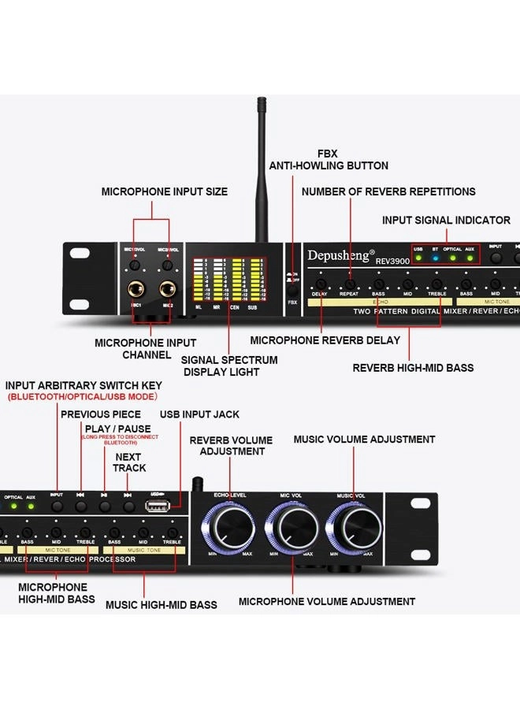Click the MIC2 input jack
[x=167, y=289]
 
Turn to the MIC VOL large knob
[x=292, y=525]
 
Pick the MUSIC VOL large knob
[x=351, y=525]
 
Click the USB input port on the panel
[x=156, y=505]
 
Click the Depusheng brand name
[x=341, y=255]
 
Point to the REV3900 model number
[x=392, y=261]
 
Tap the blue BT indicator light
[x=435, y=258]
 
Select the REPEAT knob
[x=350, y=284]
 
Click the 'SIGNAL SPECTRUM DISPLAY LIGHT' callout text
[x=231, y=366]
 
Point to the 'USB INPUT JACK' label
[x=199, y=414]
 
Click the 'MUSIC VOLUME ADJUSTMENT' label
[x=364, y=439]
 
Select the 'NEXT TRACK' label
[x=128, y=462]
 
